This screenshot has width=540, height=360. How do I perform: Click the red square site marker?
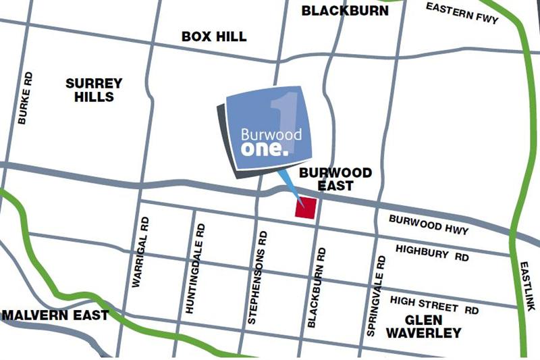tap(306, 207)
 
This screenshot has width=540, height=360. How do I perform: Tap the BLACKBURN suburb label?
tap(345, 11)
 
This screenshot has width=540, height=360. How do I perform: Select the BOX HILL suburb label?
tap(214, 36)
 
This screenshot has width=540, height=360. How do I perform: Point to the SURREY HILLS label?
tap(94, 90)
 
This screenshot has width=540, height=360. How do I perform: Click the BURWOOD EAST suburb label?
tap(335, 179)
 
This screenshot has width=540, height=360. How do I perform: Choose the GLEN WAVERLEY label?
tap(423, 326)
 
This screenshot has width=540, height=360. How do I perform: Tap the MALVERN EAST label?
tap(55, 315)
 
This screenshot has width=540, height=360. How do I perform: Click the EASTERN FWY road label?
tap(462, 12)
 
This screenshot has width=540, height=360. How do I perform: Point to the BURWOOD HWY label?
tap(429, 224)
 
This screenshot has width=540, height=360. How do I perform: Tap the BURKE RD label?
tap(25, 98)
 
